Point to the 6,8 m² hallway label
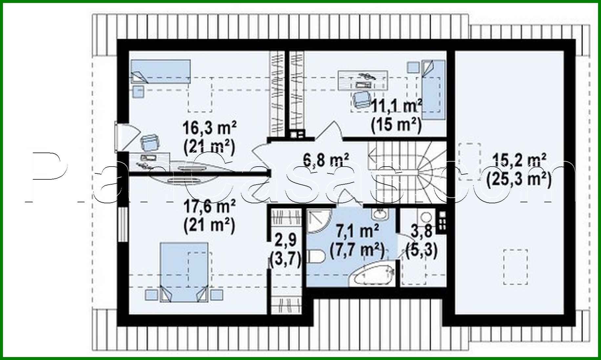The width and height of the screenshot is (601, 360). [x=326, y=160]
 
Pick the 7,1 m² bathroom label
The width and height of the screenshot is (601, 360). [x=358, y=231]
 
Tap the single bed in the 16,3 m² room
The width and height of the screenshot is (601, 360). [x=161, y=71]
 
